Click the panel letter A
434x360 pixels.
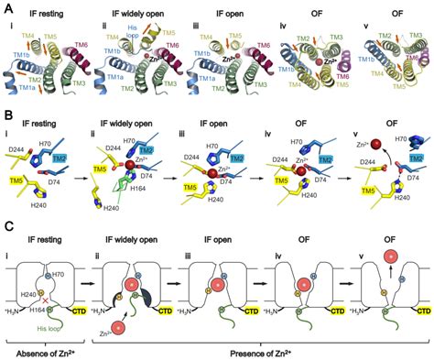pos(7,6)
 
